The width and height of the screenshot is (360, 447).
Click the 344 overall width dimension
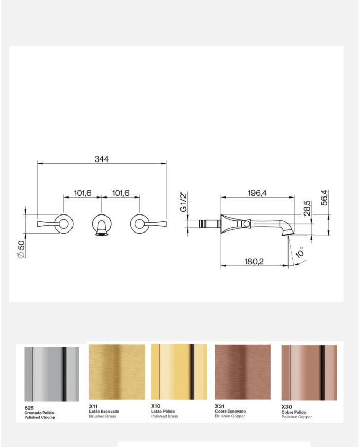tap(101, 159)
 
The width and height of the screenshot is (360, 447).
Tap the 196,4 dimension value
tap(257, 193)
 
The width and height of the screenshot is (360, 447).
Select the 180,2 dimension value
tap(254, 261)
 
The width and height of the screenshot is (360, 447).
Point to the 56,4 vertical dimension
tap(324, 198)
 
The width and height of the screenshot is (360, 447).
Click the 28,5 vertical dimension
tap(307, 208)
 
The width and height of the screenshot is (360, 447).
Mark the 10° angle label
tap(300, 252)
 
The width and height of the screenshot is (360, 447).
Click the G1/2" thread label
tap(183, 202)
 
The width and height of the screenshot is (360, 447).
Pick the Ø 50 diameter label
tap(22, 249)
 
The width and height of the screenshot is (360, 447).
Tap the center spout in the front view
tap(101, 225)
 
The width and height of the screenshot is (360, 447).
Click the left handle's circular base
tap(63, 223)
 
